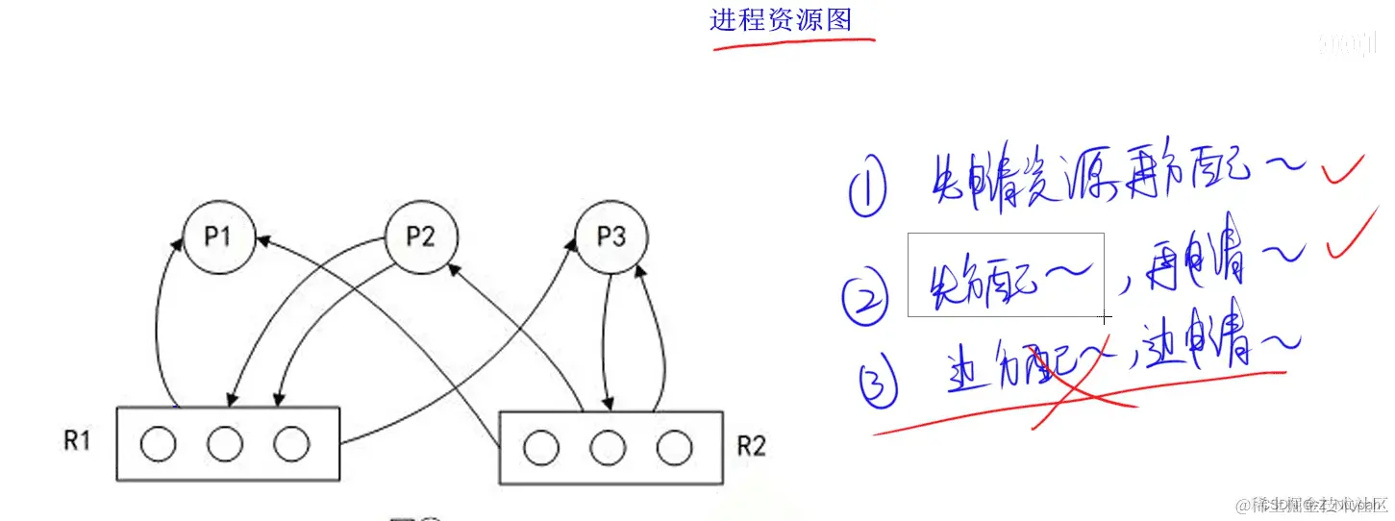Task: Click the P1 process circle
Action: tap(220, 236)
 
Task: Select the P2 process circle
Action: tap(421, 236)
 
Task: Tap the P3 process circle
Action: tap(611, 236)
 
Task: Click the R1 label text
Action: tap(78, 440)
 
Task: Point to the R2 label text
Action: tap(751, 446)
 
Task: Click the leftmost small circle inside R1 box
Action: tap(158, 444)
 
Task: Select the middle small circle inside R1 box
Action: tap(224, 444)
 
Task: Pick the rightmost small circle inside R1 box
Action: tap(291, 444)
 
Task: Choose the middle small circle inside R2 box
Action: tap(608, 447)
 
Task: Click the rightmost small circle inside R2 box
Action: tap(674, 447)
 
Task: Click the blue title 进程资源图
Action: tap(781, 20)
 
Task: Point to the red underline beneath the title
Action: tap(793, 42)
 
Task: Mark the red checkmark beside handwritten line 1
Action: tap(1342, 172)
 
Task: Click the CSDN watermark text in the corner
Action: tap(1313, 505)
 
